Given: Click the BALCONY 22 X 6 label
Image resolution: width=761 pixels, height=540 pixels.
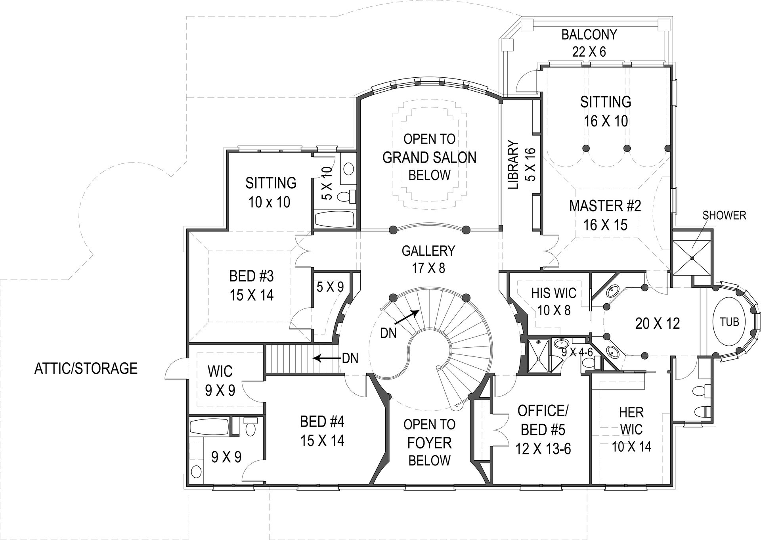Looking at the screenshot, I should click(x=589, y=43).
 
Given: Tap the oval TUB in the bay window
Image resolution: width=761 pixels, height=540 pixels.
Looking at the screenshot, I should click(x=729, y=322).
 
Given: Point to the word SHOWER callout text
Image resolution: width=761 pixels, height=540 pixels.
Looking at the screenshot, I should click(x=724, y=215).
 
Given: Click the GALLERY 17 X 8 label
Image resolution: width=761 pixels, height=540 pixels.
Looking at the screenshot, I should click(x=428, y=259).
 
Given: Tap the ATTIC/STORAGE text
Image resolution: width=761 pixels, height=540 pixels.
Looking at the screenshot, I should click(x=86, y=368).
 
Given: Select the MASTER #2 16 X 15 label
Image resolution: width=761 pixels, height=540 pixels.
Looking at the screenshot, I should click(x=605, y=215).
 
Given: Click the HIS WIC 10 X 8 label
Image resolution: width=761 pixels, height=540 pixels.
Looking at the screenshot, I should click(x=554, y=301).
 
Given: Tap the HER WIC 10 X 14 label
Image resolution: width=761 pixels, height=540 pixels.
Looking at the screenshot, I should click(x=631, y=429).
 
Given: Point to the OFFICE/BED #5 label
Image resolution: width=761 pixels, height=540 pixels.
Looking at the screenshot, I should click(x=543, y=429).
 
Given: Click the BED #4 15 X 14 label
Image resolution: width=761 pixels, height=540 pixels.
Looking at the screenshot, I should click(x=322, y=431).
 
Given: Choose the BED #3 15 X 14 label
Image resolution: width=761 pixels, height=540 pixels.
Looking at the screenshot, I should click(x=251, y=285).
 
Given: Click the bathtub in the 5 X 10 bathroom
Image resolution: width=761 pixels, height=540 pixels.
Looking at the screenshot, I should click(x=335, y=219).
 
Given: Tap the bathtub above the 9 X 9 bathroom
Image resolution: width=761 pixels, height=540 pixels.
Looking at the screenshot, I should click(x=209, y=427).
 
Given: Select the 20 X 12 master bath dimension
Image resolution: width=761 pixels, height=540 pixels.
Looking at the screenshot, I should click(x=657, y=324).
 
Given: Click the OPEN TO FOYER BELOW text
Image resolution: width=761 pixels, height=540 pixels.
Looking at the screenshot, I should click(x=429, y=442).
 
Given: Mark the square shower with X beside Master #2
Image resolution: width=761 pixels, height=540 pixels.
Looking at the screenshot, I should click(x=692, y=257).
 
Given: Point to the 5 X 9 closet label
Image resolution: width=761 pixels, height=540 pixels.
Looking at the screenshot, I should click(x=330, y=287).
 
